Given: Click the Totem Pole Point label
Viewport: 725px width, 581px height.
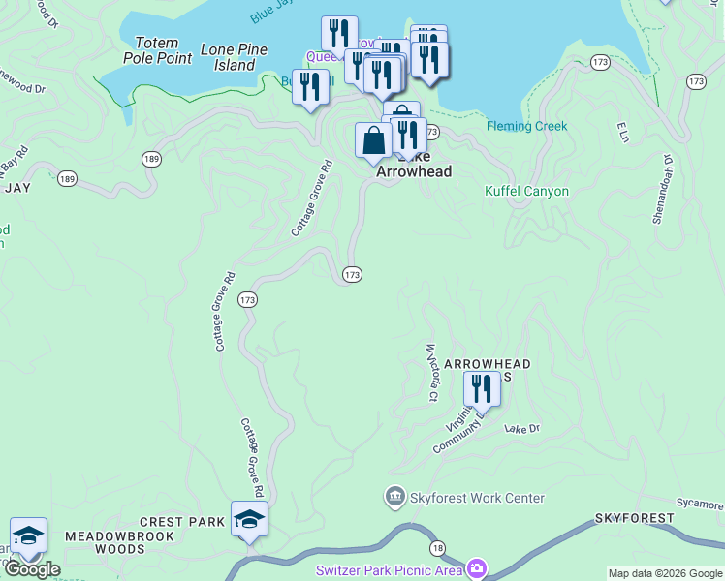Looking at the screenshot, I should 157,50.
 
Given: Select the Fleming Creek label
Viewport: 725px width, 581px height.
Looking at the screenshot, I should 527,126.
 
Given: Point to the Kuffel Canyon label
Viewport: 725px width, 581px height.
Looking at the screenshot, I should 526,191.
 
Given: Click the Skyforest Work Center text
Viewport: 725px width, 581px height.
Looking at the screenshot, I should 477,498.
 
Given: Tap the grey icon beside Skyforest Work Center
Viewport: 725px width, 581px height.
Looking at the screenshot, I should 395,498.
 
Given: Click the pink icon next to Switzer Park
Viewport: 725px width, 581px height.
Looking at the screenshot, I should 476,567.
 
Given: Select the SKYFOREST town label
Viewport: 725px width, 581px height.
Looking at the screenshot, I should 634,518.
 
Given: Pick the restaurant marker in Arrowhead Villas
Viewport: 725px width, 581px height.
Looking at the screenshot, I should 482,389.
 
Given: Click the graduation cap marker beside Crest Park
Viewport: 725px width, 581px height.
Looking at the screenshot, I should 249,519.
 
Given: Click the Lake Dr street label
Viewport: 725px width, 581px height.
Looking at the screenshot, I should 521,428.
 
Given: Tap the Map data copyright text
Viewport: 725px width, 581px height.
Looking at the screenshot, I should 665,573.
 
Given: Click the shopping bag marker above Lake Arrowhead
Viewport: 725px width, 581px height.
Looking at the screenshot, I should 374,141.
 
